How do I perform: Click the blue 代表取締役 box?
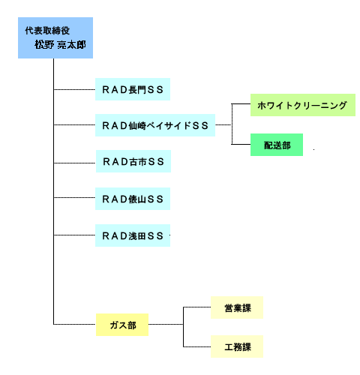[x=55, y=37]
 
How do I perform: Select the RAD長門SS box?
[x=133, y=89]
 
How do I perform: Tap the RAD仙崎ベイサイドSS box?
[x=155, y=125]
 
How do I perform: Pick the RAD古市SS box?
[x=133, y=161]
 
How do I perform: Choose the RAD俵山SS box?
[x=133, y=199]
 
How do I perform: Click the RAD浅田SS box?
[x=133, y=235]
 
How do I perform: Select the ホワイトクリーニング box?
[x=303, y=105]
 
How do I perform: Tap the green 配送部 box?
[x=277, y=145]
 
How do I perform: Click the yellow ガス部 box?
[x=122, y=325]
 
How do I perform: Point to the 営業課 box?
[x=237, y=307]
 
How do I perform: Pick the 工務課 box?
[x=237, y=346]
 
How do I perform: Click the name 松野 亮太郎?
[x=60, y=45]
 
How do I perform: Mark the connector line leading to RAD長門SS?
[x=74, y=89]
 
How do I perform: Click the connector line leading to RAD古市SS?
[x=75, y=163]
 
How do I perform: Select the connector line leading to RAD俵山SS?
[x=74, y=197]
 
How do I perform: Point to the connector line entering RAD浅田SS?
[x=74, y=235]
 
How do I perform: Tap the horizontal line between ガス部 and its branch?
[x=166, y=325]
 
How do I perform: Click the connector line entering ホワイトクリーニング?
[x=241, y=103]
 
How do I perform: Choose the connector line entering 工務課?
[x=197, y=346]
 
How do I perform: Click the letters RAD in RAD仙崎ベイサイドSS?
[x=115, y=125]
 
